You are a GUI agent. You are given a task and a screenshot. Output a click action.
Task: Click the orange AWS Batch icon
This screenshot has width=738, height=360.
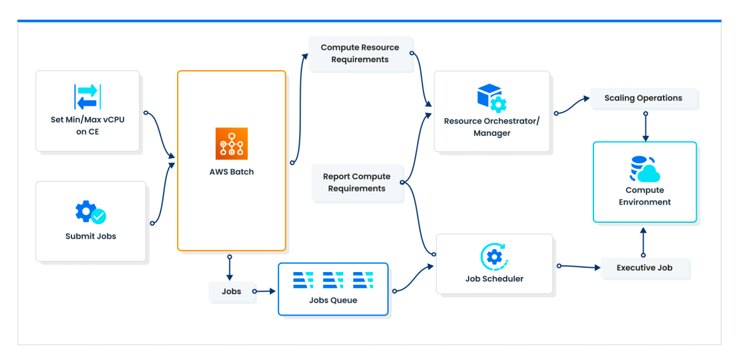point(232,144)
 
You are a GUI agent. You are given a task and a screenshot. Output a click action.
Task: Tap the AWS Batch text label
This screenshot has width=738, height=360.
point(232,172)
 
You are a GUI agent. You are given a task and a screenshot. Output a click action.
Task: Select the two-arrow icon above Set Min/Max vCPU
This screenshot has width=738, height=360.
point(87,97)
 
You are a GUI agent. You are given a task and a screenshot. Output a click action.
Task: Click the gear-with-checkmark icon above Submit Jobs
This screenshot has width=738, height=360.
point(90,212)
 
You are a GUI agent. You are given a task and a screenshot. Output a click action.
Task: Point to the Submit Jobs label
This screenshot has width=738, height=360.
point(90,236)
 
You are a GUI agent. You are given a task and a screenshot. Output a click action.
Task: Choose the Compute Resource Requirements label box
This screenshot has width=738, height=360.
point(360,54)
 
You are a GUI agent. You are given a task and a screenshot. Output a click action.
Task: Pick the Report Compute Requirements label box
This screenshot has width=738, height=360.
point(357,182)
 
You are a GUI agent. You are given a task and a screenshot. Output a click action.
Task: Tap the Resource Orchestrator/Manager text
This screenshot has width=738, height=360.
point(492,127)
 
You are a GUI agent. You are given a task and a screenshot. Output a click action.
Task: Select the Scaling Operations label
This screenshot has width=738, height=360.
point(643,98)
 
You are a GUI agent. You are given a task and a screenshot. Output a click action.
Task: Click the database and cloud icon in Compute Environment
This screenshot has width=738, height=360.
point(645,169)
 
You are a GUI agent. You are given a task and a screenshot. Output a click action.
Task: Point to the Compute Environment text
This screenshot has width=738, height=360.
point(645,196)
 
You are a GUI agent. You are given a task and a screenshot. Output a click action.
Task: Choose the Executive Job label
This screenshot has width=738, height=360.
point(645,268)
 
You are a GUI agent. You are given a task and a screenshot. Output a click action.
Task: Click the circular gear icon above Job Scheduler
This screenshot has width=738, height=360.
point(494,257)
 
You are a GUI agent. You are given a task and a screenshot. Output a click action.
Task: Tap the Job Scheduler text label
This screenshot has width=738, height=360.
point(494,279)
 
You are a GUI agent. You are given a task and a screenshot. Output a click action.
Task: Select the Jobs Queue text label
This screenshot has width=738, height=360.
point(333,300)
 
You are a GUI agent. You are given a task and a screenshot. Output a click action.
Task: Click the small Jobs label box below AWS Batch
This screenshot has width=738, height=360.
point(232,292)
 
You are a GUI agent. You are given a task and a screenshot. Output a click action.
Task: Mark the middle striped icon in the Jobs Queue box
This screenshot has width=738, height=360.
point(333,280)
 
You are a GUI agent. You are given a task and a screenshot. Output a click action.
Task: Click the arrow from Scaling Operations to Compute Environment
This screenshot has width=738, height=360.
point(646,127)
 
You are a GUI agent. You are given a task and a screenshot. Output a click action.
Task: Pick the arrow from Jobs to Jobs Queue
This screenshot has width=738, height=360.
point(264,291)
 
